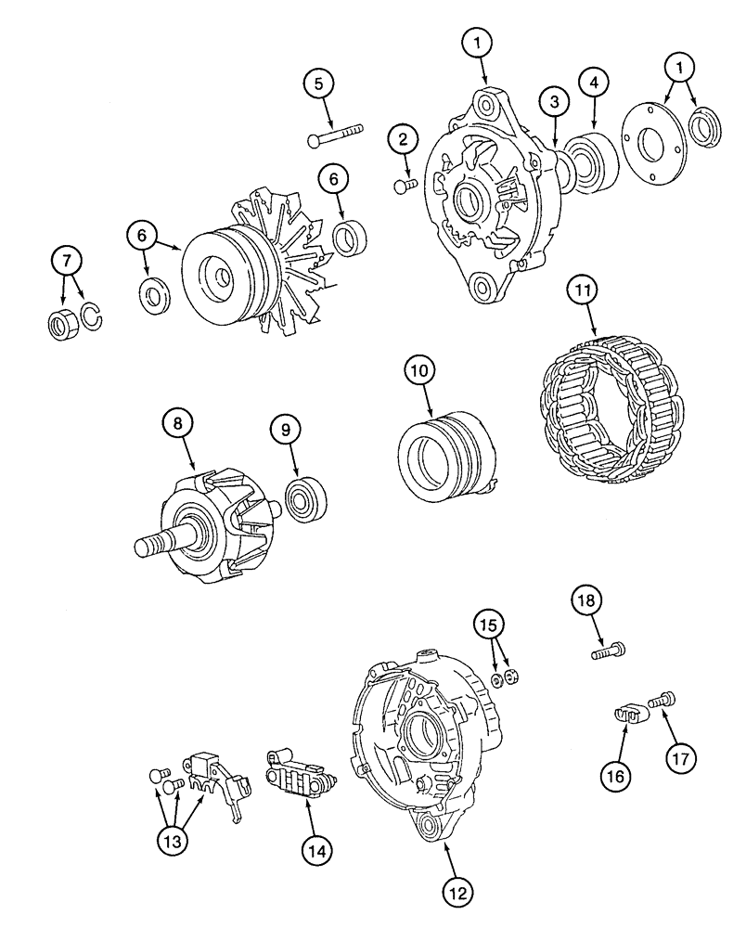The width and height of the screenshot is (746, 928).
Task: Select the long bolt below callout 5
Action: click(333, 135)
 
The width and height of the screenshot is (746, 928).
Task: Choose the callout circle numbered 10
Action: click(418, 371)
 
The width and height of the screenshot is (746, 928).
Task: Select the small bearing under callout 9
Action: click(304, 498)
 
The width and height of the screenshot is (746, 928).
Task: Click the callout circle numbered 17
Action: click(682, 755)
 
